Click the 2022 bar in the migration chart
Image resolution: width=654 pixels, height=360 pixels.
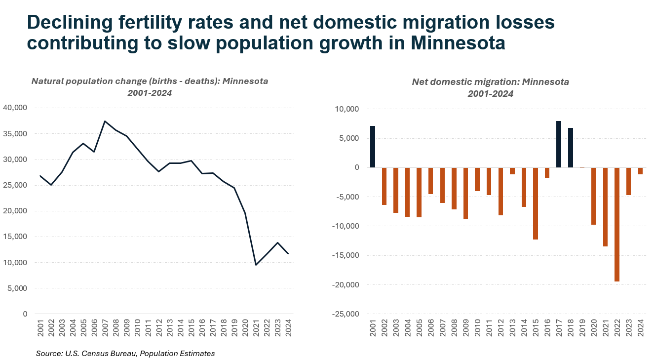617,224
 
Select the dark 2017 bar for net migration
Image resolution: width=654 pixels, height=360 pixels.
559,144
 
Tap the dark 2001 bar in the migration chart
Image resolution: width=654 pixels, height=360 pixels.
373,147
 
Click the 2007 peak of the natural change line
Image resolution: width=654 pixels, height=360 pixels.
105,121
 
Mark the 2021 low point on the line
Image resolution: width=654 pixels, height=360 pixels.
256,265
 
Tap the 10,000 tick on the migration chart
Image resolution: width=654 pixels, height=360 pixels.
349,109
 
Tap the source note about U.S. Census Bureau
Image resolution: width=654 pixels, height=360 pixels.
125,354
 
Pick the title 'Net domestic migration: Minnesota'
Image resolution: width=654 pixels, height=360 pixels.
490,82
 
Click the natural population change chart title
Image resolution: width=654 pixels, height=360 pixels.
150,81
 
